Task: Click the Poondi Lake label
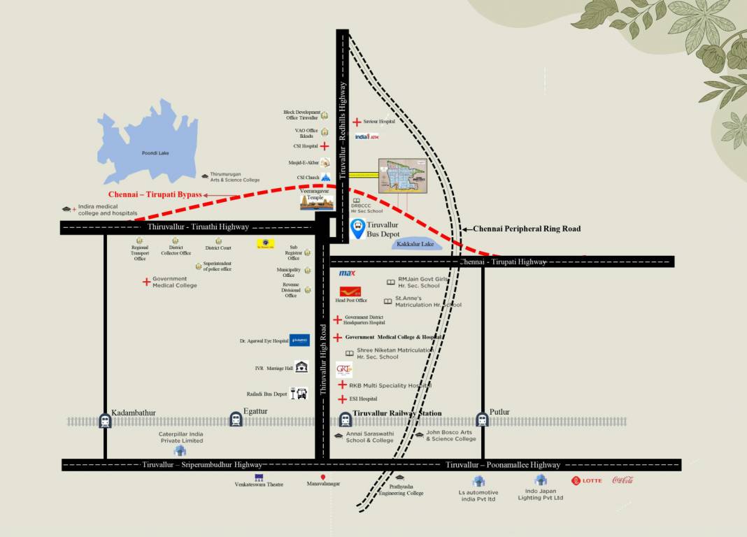point(155,152)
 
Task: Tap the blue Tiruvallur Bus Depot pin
point(357,227)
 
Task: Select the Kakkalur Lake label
point(415,244)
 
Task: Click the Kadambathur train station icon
point(106,420)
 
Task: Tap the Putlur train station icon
point(482,420)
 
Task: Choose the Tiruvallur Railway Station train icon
point(345,420)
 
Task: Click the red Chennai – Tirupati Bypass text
point(155,194)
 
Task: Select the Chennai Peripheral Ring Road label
point(527,229)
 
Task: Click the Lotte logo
point(586,480)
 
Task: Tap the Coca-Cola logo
point(622,480)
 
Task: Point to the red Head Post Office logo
point(350,291)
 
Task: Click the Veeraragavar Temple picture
point(314,203)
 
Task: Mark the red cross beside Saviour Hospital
point(357,122)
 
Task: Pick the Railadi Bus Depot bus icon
point(300,394)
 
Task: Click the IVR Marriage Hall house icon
point(301,367)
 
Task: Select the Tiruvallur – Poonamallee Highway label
point(503,465)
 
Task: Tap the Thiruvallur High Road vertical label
point(323,360)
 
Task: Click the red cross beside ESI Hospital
point(342,399)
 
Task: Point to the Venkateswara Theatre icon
point(259,477)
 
